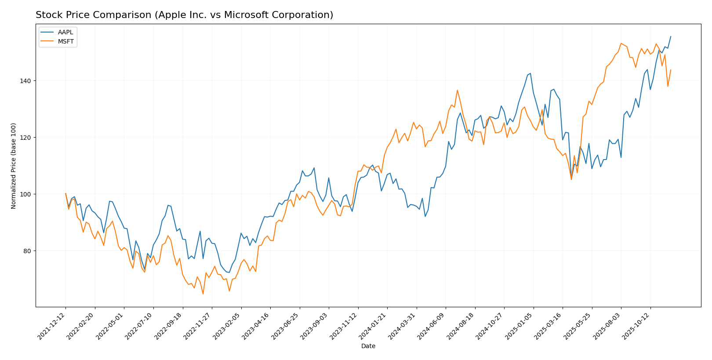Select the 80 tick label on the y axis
(29, 251)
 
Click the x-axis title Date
(368, 346)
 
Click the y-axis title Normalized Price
(14, 166)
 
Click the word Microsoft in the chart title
(245, 15)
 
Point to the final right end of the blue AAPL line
(671, 36)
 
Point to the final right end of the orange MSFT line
(671, 69)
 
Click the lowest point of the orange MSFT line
(203, 294)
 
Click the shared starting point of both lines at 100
(65, 194)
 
